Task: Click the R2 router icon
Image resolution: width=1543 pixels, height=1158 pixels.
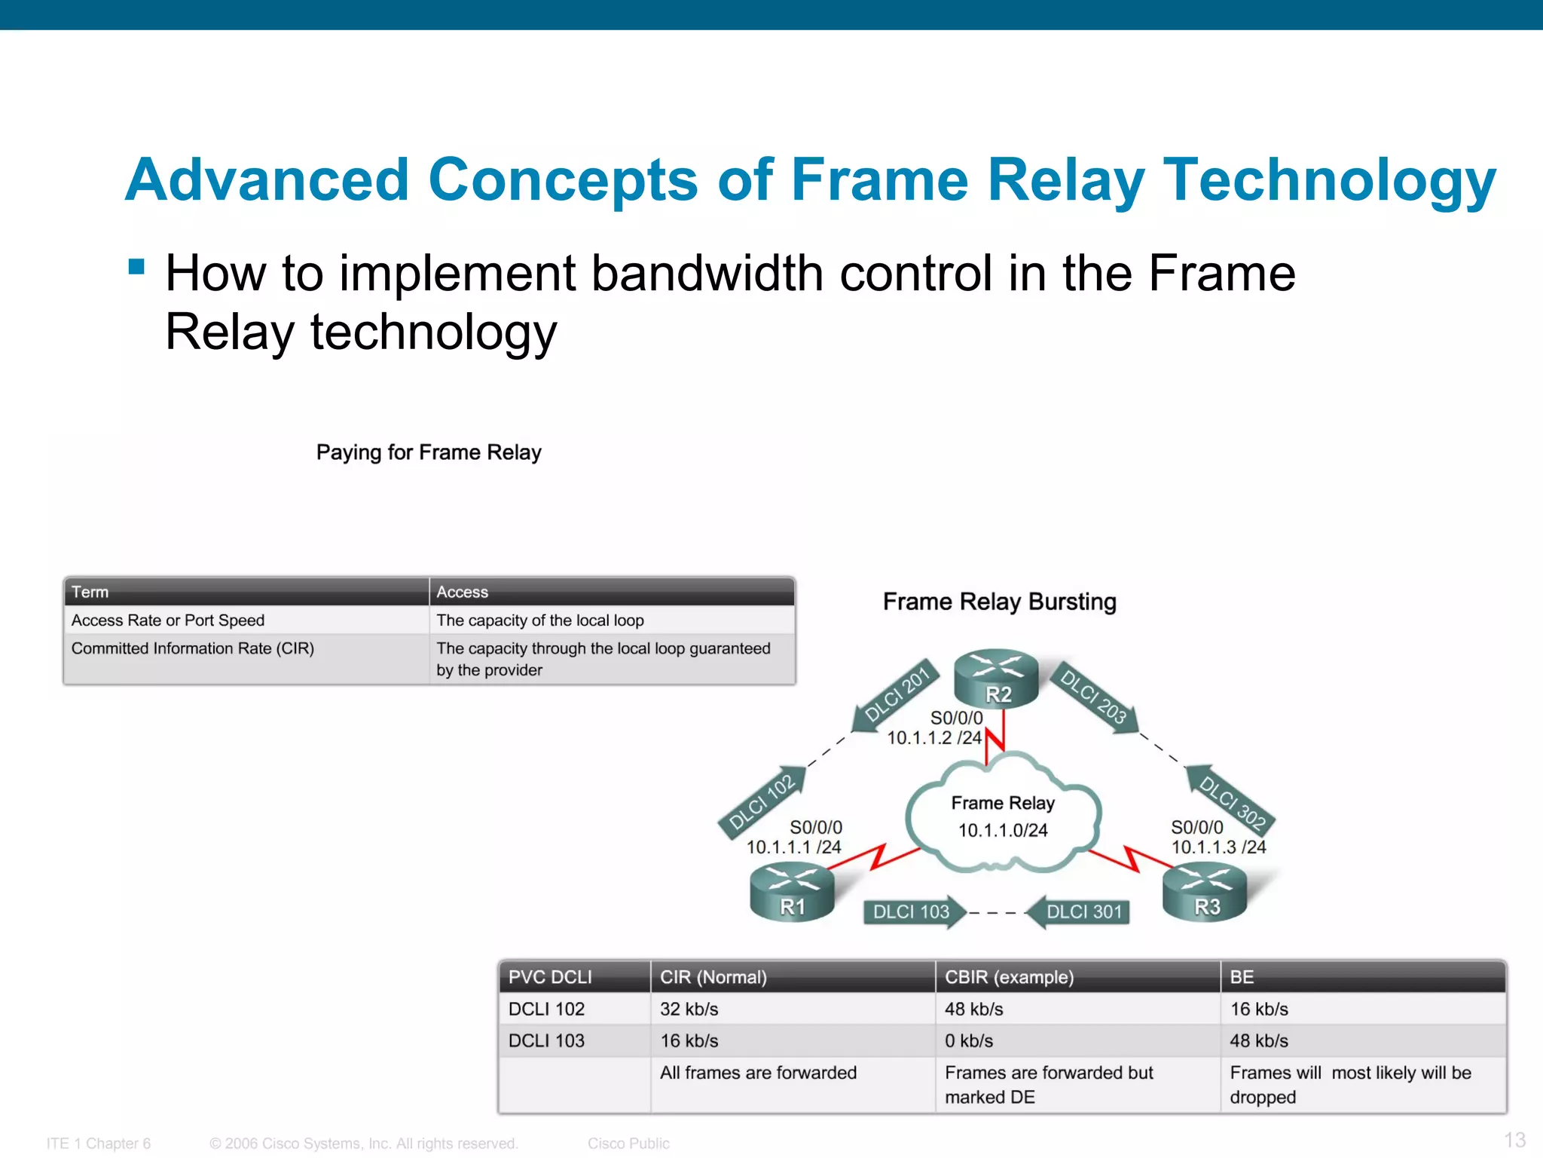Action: (996, 679)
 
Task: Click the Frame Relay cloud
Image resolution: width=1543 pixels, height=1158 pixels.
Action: (1003, 816)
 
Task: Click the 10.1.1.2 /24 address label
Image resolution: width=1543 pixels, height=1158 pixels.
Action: (934, 737)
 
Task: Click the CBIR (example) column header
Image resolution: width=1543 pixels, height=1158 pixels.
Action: (1009, 977)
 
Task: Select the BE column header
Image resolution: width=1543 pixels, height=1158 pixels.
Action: (1242, 977)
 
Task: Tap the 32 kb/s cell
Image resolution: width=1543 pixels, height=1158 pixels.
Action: (689, 1009)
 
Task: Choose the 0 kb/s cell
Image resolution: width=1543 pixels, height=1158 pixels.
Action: (969, 1040)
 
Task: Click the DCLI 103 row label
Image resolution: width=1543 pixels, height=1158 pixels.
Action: (546, 1040)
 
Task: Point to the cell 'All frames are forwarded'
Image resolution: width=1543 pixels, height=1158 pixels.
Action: (758, 1072)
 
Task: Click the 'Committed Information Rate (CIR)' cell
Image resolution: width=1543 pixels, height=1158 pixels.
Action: (193, 648)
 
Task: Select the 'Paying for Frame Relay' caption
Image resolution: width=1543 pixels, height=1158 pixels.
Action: (429, 452)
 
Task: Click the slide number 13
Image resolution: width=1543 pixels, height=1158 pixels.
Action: (1514, 1139)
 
